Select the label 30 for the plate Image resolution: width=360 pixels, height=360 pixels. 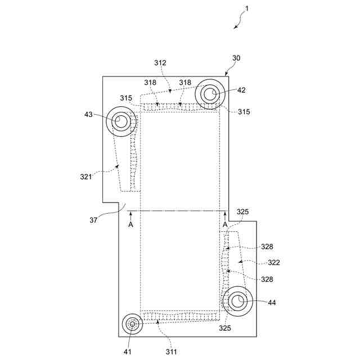click(x=236, y=58)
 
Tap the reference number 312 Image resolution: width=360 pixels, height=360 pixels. click(x=160, y=63)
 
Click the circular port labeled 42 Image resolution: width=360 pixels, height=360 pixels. click(x=210, y=94)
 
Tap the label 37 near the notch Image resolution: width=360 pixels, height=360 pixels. click(x=93, y=220)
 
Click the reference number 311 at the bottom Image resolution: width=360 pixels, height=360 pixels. click(x=171, y=352)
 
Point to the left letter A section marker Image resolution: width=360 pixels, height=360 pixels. click(x=130, y=224)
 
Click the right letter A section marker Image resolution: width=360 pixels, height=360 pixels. click(x=225, y=224)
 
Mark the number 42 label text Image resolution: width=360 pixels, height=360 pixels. click(x=241, y=89)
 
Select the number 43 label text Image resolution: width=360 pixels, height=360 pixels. click(x=89, y=114)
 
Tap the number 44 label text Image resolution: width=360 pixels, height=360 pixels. click(x=272, y=303)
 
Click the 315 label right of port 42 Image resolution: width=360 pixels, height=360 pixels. click(x=244, y=112)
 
